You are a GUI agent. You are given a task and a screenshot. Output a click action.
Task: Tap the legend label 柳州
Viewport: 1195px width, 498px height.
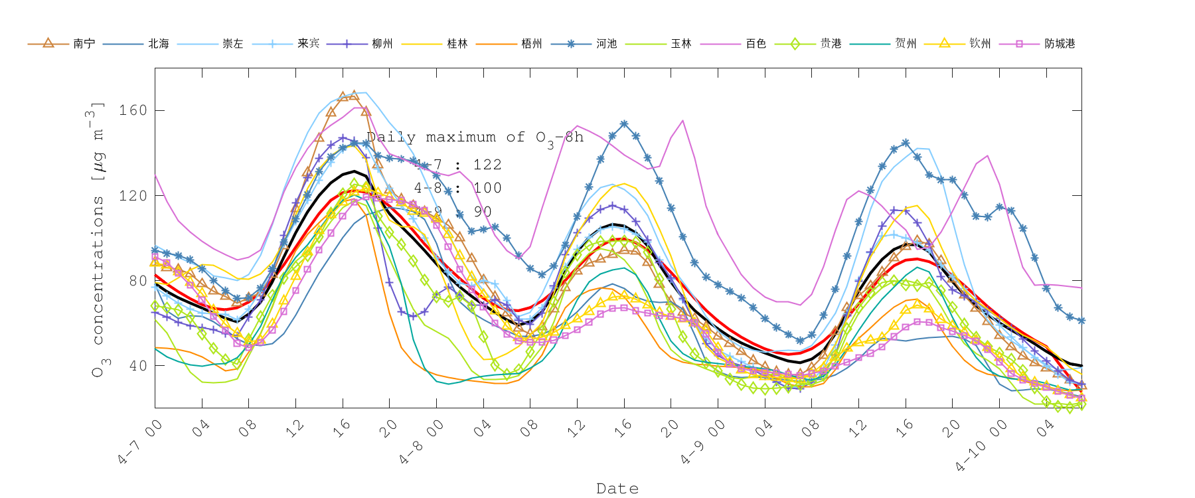tap(382, 44)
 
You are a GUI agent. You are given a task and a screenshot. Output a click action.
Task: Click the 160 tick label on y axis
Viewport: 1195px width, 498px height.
tap(133, 110)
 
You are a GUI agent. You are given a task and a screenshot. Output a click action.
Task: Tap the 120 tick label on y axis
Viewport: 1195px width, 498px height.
tap(133, 195)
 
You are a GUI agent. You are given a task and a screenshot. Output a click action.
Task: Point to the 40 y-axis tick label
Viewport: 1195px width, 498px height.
tap(137, 366)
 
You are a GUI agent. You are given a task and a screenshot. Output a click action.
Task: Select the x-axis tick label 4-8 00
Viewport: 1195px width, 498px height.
tap(422, 442)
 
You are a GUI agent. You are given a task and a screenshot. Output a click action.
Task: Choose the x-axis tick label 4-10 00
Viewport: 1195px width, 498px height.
tap(982, 447)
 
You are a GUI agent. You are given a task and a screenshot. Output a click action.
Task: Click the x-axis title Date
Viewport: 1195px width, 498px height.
tap(617, 489)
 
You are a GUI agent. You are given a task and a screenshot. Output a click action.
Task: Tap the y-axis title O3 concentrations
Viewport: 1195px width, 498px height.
tap(98, 239)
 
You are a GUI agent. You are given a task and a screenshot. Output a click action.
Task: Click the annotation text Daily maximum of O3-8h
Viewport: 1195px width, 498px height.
tap(475, 137)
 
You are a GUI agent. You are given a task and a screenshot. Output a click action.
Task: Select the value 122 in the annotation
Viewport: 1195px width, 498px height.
tap(487, 165)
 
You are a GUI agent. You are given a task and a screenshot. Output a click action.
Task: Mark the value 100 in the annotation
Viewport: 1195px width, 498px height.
tap(487, 188)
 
